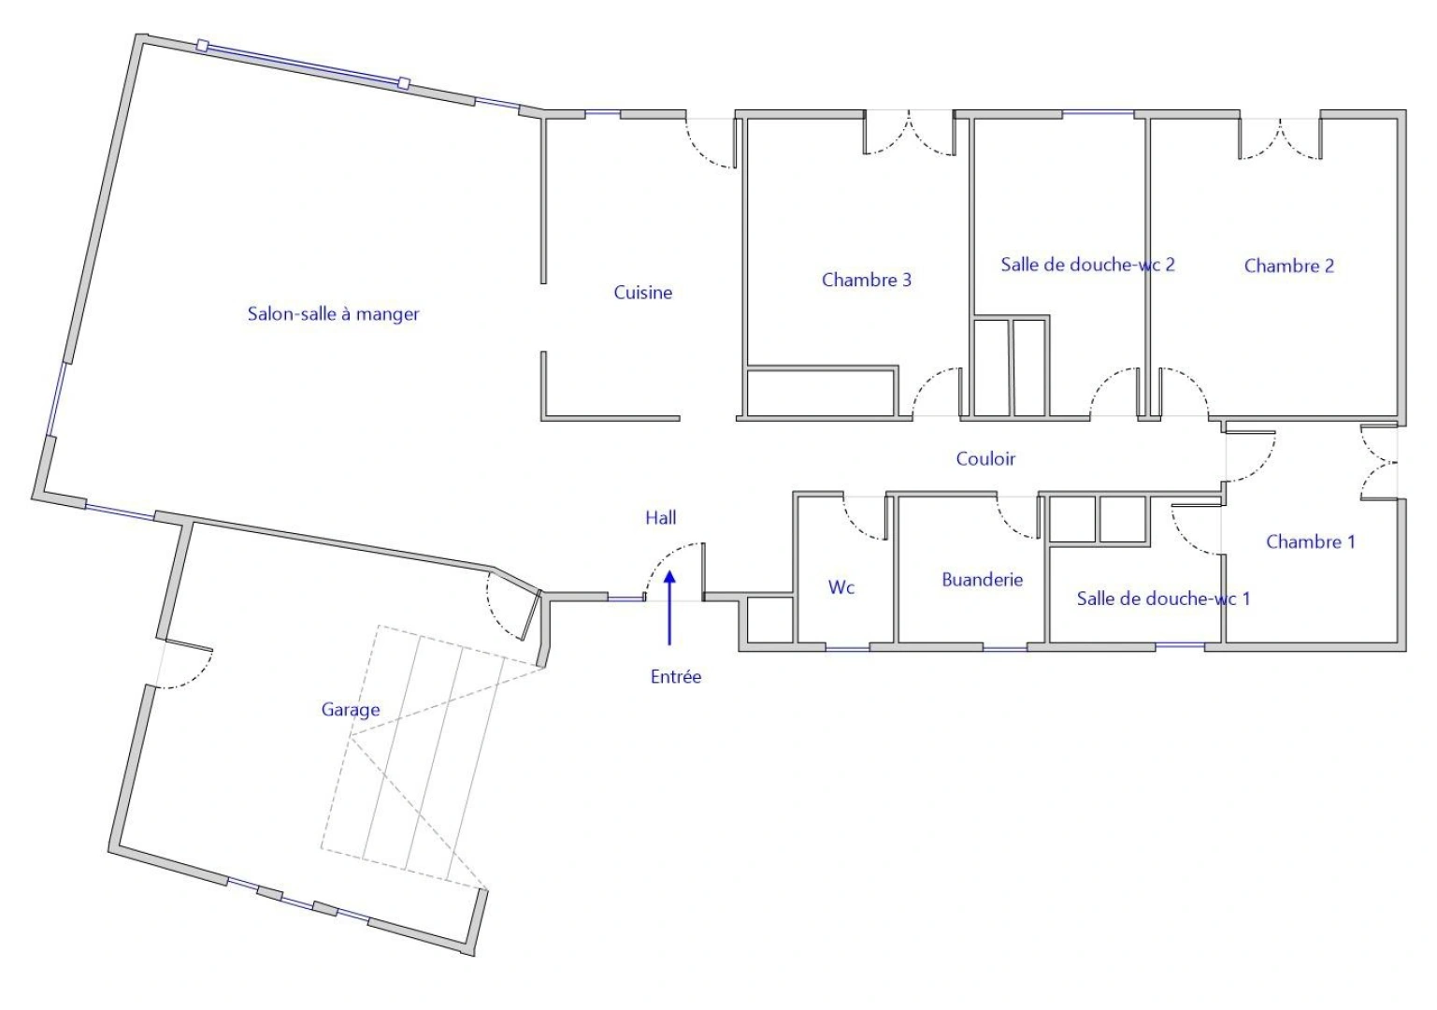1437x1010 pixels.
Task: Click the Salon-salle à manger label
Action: pyautogui.click(x=333, y=314)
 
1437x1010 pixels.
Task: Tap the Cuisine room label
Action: pyautogui.click(x=643, y=293)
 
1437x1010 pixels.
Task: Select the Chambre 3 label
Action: pyautogui.click(x=866, y=280)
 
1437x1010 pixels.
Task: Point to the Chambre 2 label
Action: pyautogui.click(x=1288, y=266)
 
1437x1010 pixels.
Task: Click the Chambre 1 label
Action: pyautogui.click(x=1311, y=541)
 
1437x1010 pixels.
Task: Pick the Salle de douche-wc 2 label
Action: pyautogui.click(x=1087, y=265)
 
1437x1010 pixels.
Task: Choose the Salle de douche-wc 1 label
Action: pyautogui.click(x=1163, y=599)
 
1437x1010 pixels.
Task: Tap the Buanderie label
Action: pyautogui.click(x=983, y=580)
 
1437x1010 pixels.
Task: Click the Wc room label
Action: pyautogui.click(x=841, y=587)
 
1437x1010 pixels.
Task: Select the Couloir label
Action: pyautogui.click(x=985, y=459)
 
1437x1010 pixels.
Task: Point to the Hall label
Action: pyautogui.click(x=661, y=518)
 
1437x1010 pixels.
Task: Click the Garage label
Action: pyautogui.click(x=351, y=710)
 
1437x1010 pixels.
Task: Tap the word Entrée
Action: pyautogui.click(x=676, y=676)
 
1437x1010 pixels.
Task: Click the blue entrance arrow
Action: pyautogui.click(x=669, y=608)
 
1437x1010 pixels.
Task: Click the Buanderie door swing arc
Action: pyautogui.click(x=1009, y=527)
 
